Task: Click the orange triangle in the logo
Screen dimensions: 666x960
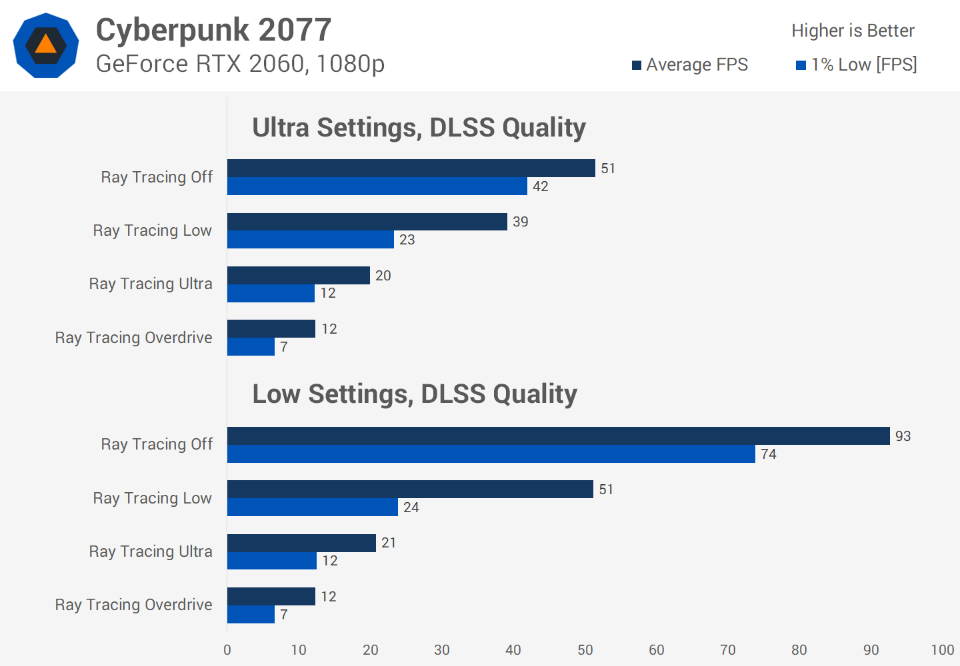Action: click(x=45, y=45)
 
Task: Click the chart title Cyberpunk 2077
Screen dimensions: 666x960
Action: click(x=213, y=30)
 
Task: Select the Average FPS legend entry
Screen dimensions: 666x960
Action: click(x=690, y=65)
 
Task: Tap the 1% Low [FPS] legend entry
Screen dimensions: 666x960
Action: click(x=857, y=65)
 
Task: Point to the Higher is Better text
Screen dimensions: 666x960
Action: click(x=853, y=31)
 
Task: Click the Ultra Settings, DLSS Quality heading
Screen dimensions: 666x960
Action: click(x=419, y=127)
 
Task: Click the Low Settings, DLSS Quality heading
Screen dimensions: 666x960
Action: click(x=414, y=394)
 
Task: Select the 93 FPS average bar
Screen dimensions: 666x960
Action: click(x=558, y=436)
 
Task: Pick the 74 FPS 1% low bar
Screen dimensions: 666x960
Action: click(x=491, y=454)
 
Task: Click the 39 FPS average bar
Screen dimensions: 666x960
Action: click(x=367, y=222)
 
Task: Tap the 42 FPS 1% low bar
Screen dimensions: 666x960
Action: click(x=377, y=186)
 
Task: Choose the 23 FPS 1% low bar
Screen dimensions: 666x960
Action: click(x=310, y=240)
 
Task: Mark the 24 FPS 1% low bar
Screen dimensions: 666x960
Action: click(x=312, y=507)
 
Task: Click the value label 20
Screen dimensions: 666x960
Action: click(x=383, y=276)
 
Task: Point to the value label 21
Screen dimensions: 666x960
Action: click(x=389, y=543)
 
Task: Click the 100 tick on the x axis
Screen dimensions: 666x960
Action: click(x=942, y=650)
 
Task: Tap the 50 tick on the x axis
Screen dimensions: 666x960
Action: click(x=585, y=650)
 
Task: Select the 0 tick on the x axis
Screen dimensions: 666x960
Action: click(x=227, y=650)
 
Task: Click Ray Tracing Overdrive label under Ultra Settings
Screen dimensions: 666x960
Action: click(x=133, y=338)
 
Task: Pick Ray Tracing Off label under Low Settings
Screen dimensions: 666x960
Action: click(x=157, y=444)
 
